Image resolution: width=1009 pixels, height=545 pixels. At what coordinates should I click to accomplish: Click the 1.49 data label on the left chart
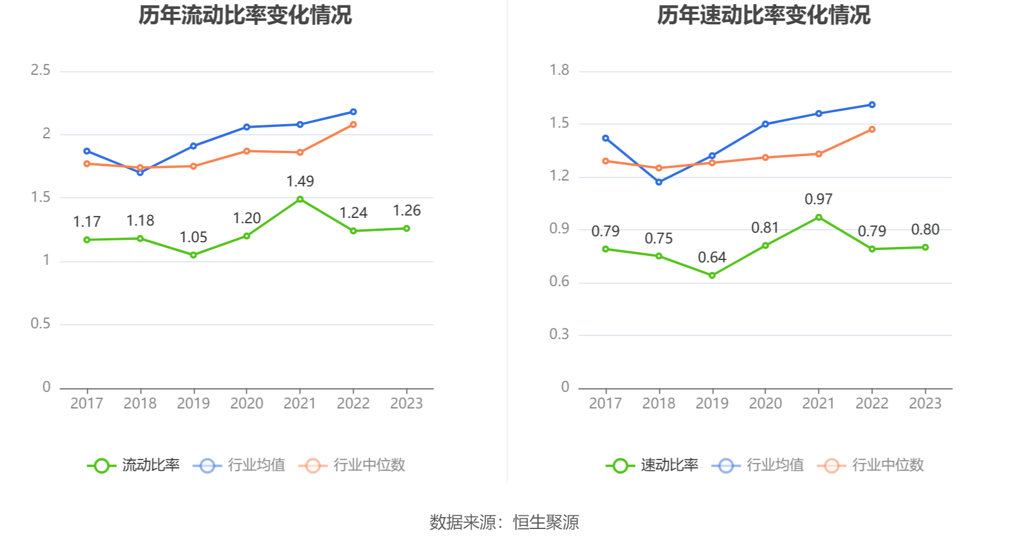coord(300,182)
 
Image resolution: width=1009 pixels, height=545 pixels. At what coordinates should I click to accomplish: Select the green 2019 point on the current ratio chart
coord(193,255)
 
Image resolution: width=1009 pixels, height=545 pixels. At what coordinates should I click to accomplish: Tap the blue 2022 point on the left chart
coord(353,112)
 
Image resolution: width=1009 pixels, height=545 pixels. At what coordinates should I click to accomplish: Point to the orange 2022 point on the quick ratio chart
coord(872,129)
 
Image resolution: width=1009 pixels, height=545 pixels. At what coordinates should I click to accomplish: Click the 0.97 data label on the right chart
coord(818,199)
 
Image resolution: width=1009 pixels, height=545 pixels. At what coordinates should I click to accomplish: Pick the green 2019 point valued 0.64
coord(712,275)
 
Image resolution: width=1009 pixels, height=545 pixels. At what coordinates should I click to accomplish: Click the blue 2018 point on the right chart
coord(659,182)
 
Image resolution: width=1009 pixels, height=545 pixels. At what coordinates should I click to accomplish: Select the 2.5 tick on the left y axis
coord(40,71)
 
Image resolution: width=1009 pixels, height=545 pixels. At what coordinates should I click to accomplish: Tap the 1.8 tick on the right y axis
coord(559,71)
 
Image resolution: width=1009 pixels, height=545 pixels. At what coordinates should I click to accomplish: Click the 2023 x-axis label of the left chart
coord(407,404)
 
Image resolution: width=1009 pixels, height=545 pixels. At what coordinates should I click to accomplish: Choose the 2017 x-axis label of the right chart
coord(605,404)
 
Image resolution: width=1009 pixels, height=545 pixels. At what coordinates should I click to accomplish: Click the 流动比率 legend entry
coord(134,465)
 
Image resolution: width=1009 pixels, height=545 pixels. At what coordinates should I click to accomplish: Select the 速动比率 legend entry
coord(652,465)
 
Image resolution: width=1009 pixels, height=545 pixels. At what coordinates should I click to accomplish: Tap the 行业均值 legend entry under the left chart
coord(239,465)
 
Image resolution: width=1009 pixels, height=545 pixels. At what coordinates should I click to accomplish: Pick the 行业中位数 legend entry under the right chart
coord(871,465)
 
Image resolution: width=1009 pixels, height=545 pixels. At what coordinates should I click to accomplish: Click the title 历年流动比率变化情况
coord(245,15)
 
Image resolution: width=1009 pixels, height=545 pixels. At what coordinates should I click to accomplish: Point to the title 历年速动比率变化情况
coord(764,15)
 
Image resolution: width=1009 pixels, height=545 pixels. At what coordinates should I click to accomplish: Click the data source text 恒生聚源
coord(546,522)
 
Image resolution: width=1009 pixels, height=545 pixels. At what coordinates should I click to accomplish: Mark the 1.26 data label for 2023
coord(407,211)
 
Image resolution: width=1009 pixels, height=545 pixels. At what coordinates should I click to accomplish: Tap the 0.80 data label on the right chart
coord(925,230)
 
